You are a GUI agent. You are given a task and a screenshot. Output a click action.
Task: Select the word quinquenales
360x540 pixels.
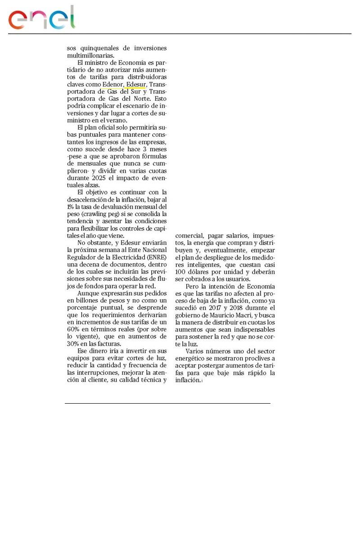point(98,48)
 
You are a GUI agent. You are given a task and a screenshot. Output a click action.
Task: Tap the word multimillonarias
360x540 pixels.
point(90,55)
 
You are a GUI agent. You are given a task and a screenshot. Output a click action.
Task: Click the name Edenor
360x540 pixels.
point(112,84)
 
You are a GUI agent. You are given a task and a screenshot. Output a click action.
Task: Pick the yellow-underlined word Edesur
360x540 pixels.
point(136,84)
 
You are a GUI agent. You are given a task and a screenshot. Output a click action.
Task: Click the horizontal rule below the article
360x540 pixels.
point(167,404)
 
